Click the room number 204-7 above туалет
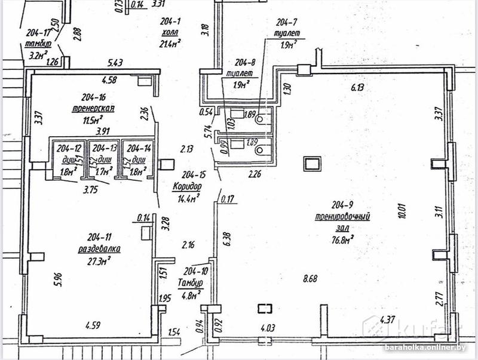click(x=284, y=23)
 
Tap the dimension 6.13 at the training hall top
click(x=358, y=88)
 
